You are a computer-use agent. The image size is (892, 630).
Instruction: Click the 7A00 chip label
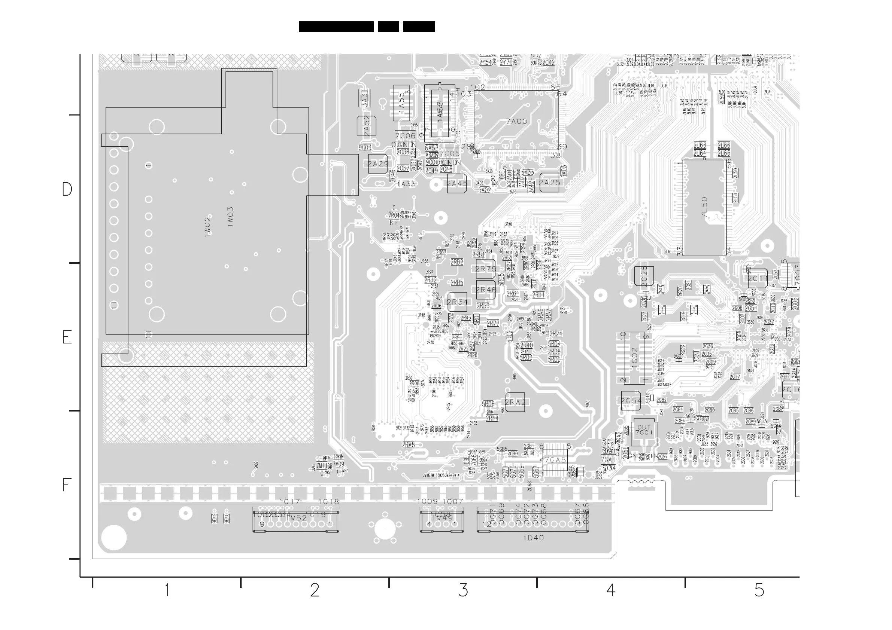point(517,122)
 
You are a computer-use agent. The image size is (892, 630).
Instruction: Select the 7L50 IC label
point(705,208)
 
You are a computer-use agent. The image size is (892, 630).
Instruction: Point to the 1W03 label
point(230,217)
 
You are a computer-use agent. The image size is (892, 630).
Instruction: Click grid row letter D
point(67,189)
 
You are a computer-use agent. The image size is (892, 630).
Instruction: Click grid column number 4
point(611,590)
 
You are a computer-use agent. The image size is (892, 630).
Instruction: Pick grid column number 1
point(167,590)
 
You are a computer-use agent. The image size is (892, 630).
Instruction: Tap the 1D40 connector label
point(533,538)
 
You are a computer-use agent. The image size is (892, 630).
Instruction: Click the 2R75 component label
point(486,269)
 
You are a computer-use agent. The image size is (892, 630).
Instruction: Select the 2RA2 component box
point(515,403)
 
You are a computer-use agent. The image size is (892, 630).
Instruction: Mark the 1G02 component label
point(634,355)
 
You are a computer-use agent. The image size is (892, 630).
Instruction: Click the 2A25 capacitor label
point(549,183)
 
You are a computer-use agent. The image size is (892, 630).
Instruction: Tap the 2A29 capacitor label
point(378,164)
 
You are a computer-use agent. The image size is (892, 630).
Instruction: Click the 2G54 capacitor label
point(631,401)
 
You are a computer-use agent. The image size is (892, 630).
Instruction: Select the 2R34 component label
point(457,302)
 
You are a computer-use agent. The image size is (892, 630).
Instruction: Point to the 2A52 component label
point(367,126)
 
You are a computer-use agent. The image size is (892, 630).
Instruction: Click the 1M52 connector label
point(297,518)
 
